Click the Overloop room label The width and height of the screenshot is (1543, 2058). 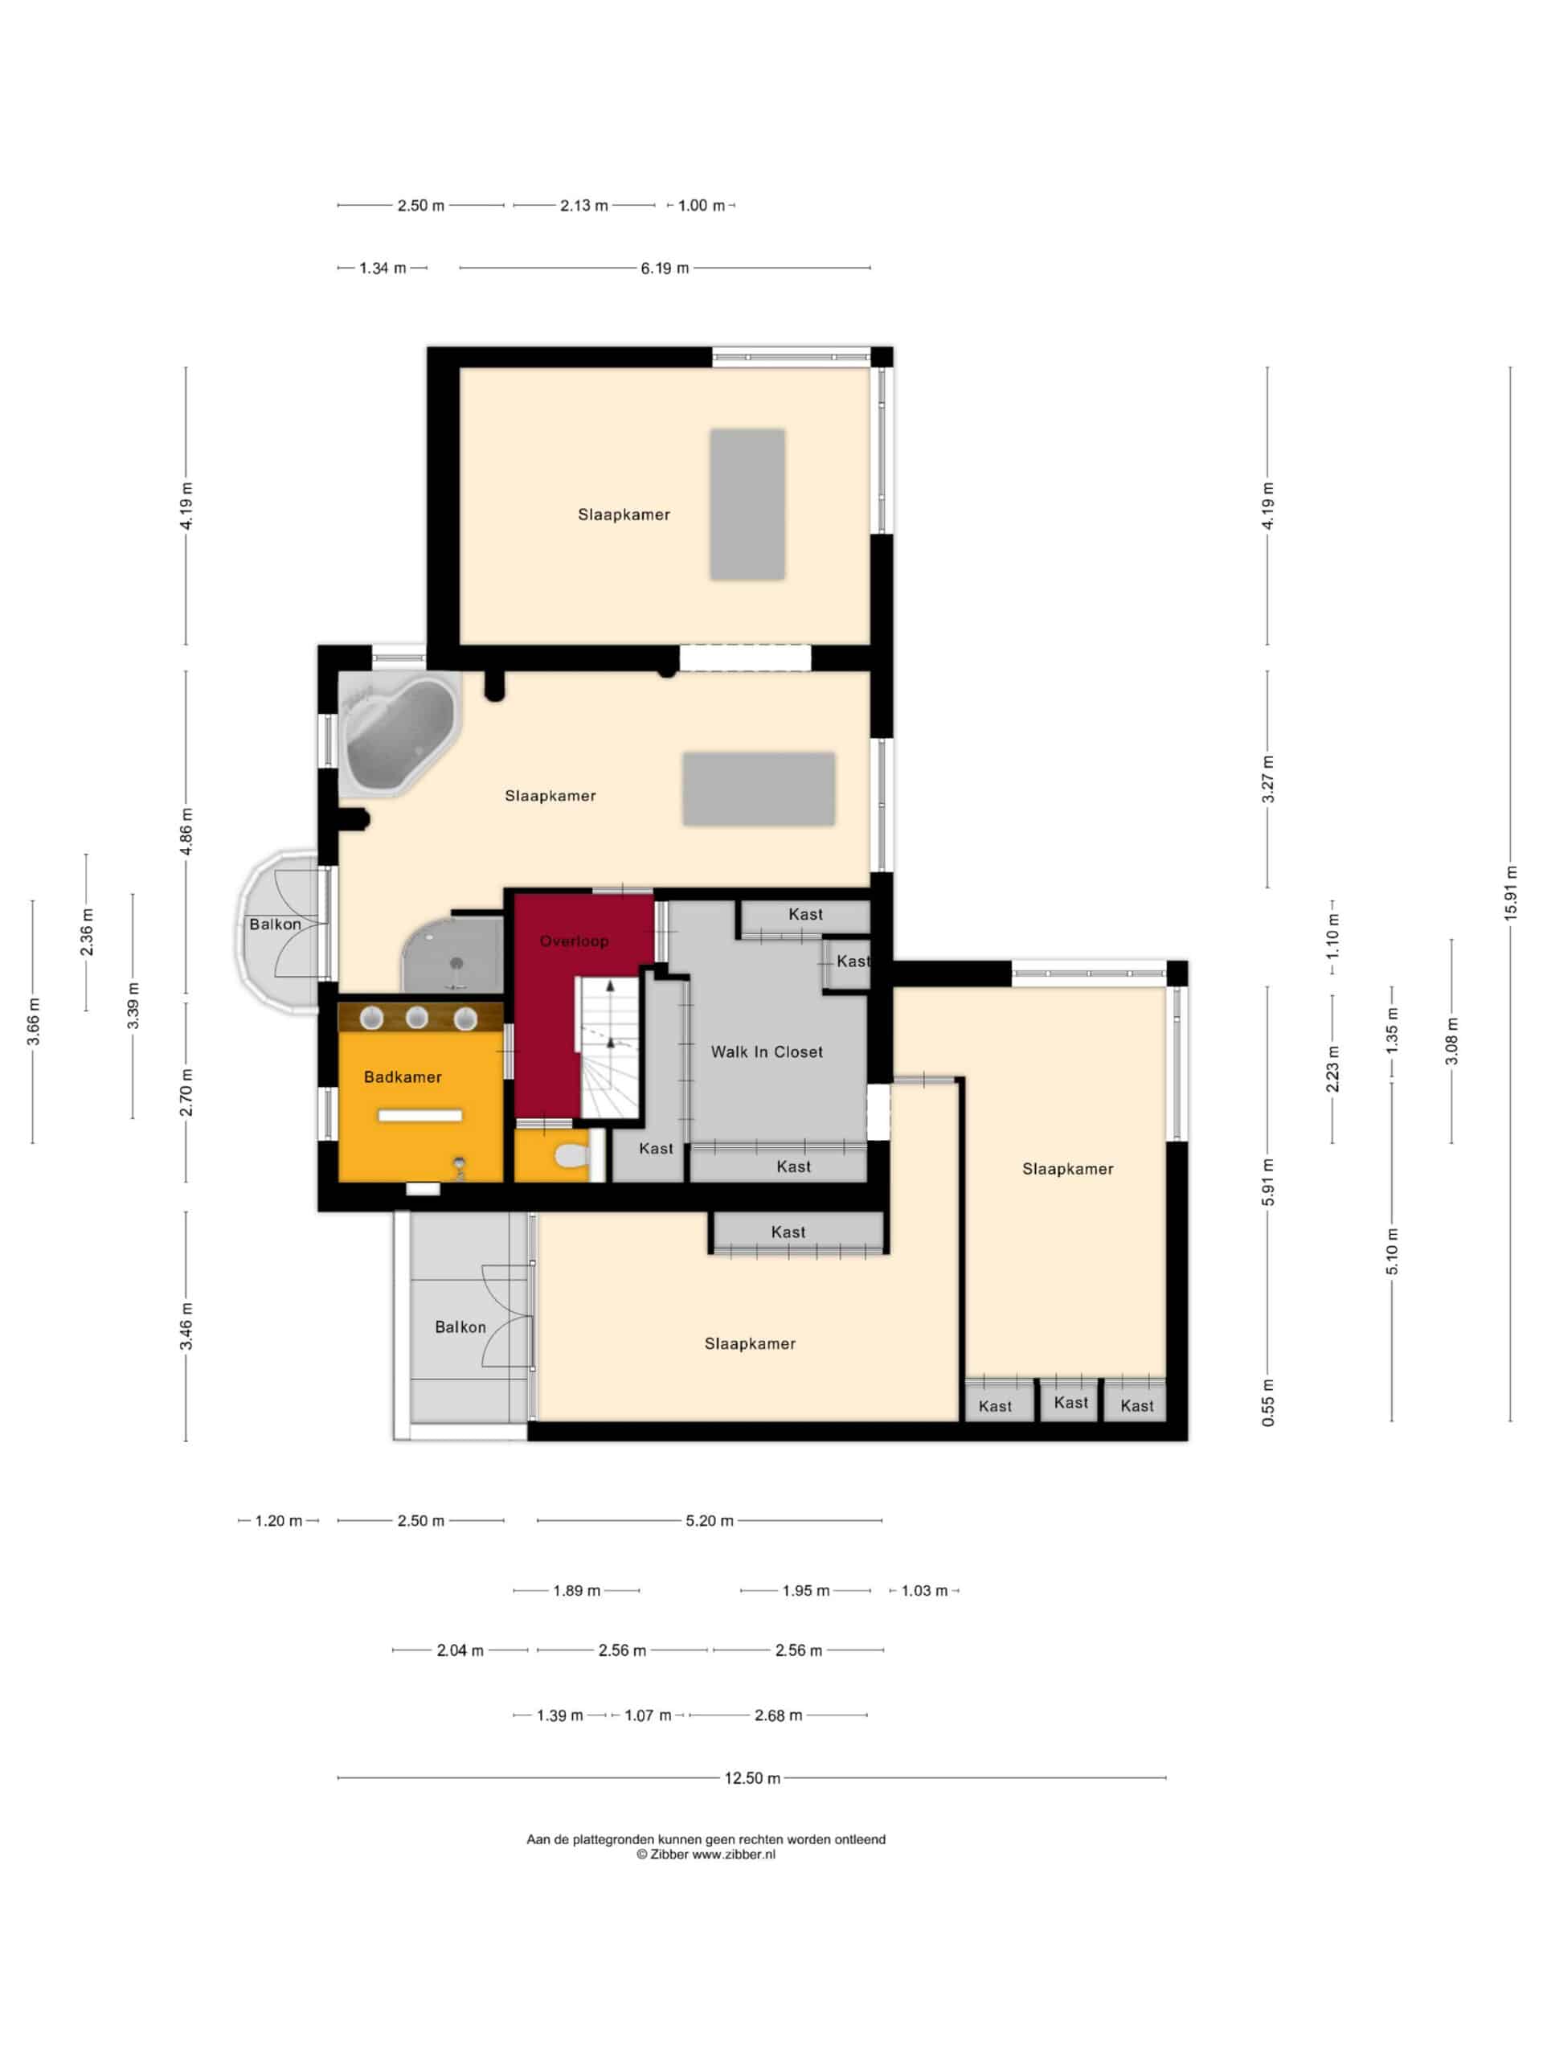pyautogui.click(x=574, y=941)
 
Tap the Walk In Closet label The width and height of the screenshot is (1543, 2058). pyautogui.click(x=767, y=1052)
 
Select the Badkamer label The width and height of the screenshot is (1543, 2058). pyautogui.click(x=403, y=1076)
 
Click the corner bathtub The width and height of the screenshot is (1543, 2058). pyautogui.click(x=399, y=734)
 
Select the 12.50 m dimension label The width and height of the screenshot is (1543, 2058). pyautogui.click(x=752, y=1778)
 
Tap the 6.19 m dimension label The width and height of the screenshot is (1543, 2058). pyautogui.click(x=664, y=268)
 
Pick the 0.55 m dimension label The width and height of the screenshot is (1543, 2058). pyautogui.click(x=1267, y=1402)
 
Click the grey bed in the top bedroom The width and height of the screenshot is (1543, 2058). pyautogui.click(x=747, y=504)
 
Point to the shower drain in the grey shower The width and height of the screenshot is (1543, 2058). pyautogui.click(x=456, y=964)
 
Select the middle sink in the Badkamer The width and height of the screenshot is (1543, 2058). pyautogui.click(x=416, y=1017)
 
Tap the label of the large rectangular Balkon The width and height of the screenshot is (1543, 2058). pyautogui.click(x=460, y=1326)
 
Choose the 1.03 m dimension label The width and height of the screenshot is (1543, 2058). pyautogui.click(x=924, y=1590)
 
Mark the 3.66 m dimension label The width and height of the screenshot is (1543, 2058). pyautogui.click(x=33, y=1022)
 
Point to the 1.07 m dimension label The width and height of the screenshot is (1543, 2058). pyautogui.click(x=647, y=1715)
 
